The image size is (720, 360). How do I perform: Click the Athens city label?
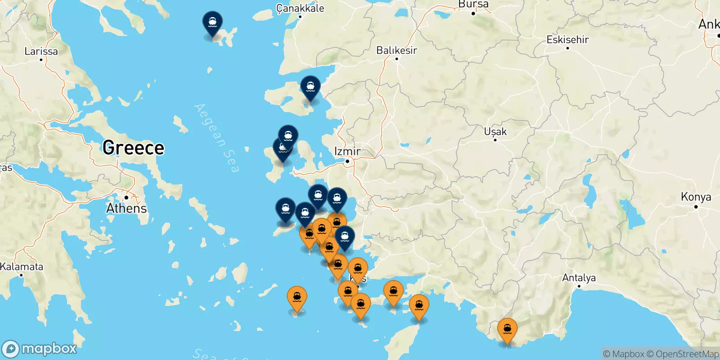[126, 208]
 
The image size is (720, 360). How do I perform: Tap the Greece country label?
[133, 148]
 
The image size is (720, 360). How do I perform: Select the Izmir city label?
[347, 151]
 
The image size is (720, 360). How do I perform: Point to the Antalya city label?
[579, 278]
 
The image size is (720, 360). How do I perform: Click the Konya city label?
[696, 197]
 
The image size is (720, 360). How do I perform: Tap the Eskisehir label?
[567, 40]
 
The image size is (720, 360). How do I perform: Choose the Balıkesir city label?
[396, 50]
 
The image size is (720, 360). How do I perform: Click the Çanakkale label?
[300, 8]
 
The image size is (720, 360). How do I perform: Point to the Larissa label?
[41, 51]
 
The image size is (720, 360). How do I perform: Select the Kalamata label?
[22, 266]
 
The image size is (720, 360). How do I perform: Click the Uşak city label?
[495, 132]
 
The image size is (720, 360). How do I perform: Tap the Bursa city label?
[473, 4]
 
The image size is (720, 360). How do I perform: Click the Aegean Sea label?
[216, 138]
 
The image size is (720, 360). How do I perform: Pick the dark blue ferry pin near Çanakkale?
[212, 23]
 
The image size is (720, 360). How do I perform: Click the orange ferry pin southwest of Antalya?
[507, 331]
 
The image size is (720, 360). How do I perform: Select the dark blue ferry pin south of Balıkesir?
[310, 87]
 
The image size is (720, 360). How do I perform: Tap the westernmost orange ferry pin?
[297, 298]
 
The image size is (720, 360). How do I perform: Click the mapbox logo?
[40, 349]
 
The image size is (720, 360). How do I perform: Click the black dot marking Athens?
[126, 198]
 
